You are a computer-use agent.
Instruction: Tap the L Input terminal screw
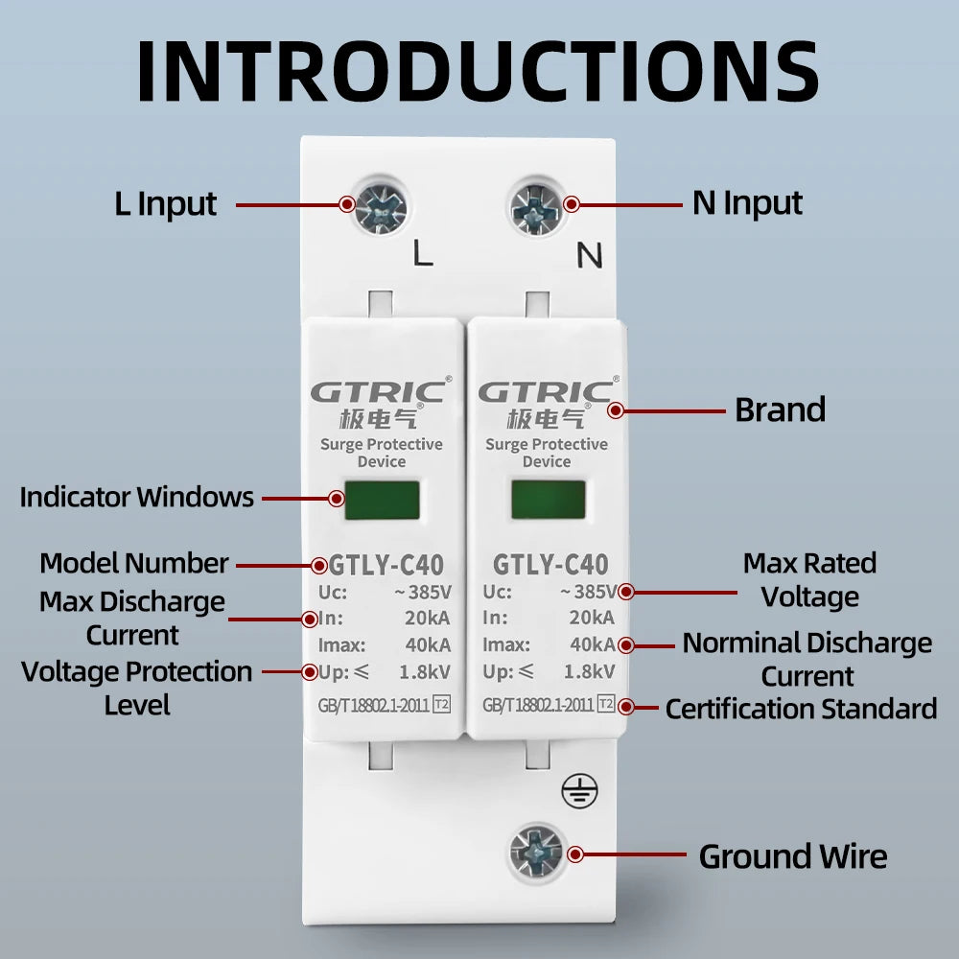pyautogui.click(x=381, y=206)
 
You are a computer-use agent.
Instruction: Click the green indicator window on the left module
pyautogui.click(x=383, y=500)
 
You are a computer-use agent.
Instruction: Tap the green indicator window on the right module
pyautogui.click(x=548, y=500)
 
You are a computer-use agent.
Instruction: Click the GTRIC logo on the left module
pyautogui.click(x=378, y=392)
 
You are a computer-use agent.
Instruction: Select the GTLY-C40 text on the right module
pyautogui.click(x=550, y=565)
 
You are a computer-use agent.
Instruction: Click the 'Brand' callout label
pyautogui.click(x=780, y=410)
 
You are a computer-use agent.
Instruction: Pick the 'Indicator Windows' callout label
pyautogui.click(x=137, y=498)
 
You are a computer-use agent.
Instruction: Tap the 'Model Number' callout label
pyautogui.click(x=134, y=563)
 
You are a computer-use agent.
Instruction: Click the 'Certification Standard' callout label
pyautogui.click(x=801, y=709)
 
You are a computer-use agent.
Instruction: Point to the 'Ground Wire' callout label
pyautogui.click(x=793, y=856)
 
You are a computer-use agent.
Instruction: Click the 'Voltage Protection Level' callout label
pyautogui.click(x=137, y=688)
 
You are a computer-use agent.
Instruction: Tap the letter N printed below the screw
pyautogui.click(x=589, y=256)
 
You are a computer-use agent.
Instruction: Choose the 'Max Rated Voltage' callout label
pyautogui.click(x=809, y=579)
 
